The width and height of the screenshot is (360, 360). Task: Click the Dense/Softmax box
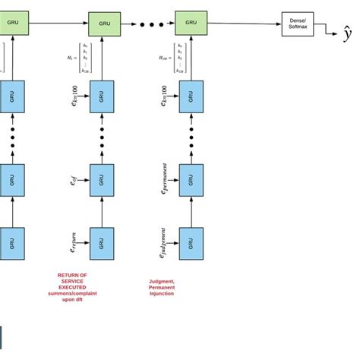pos(297,24)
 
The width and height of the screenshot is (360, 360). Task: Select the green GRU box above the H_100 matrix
pos(191,24)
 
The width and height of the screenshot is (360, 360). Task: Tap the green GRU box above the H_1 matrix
pos(104,24)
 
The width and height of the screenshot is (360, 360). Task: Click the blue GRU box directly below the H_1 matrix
pos(102,97)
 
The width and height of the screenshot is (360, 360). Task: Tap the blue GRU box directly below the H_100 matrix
pos(191,97)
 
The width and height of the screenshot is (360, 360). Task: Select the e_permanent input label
pos(163,180)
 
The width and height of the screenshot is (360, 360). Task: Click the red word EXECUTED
pos(72,286)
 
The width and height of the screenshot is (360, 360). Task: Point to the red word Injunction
pos(161,292)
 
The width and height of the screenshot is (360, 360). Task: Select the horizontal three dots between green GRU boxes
pos(152,24)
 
